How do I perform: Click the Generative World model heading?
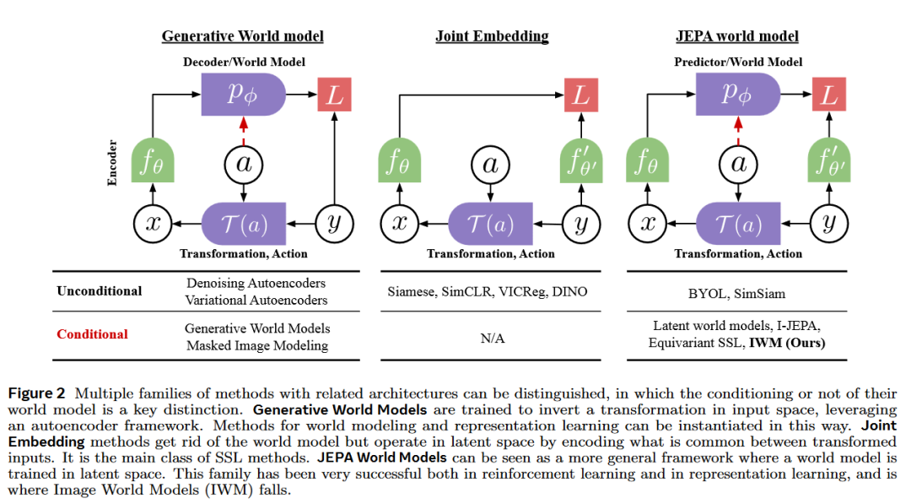click(x=242, y=36)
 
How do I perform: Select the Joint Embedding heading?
click(x=492, y=36)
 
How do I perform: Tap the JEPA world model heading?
click(x=737, y=36)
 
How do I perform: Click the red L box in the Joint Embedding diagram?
click(x=581, y=95)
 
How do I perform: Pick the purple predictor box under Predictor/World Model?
click(x=738, y=95)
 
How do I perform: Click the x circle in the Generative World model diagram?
click(x=153, y=223)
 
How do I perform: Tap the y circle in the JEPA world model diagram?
click(x=829, y=223)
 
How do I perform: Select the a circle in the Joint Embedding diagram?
click(x=490, y=165)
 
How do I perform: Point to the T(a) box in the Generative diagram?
click(x=244, y=223)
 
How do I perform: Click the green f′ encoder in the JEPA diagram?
click(x=829, y=160)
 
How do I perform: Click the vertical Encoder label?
click(x=112, y=163)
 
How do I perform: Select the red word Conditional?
click(x=93, y=334)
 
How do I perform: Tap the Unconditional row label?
click(x=100, y=291)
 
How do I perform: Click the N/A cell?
click(x=492, y=339)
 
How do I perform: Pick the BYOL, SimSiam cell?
click(x=736, y=294)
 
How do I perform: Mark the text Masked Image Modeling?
click(x=257, y=346)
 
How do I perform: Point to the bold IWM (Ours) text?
click(x=787, y=343)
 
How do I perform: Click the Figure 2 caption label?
click(x=36, y=393)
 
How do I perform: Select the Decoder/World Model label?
click(x=244, y=62)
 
